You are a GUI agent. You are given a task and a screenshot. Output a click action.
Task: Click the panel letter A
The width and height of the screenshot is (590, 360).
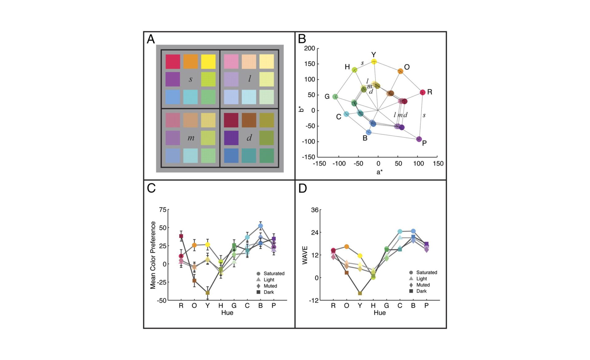[151, 39]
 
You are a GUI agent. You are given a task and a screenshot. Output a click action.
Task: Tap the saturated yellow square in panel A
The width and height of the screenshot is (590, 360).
[208, 61]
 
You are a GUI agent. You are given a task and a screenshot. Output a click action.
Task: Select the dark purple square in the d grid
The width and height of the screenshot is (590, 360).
[231, 138]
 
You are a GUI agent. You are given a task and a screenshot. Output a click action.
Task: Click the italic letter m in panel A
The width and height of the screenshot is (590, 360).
[191, 138]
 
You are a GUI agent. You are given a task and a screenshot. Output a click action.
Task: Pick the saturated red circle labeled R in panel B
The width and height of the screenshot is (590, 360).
[423, 92]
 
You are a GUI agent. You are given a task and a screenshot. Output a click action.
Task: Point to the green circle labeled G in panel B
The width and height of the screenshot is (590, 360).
[335, 97]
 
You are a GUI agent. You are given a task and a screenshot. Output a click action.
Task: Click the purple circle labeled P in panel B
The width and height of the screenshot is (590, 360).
[419, 139]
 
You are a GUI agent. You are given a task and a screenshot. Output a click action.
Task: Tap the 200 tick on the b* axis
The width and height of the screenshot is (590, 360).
[309, 48]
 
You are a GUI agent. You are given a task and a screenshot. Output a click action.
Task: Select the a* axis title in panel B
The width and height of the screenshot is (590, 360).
[380, 172]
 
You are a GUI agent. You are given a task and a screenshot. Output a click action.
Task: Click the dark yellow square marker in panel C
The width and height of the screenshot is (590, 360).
[207, 293]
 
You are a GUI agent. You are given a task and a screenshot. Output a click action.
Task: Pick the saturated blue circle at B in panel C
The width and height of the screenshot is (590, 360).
[261, 226]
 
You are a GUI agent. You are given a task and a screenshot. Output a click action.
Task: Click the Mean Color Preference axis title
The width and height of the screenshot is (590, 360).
[153, 255]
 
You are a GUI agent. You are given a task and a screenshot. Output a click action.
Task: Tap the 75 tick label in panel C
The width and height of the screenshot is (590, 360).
[163, 210]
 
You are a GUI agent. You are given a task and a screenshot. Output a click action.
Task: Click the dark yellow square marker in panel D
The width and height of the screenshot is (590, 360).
[360, 293]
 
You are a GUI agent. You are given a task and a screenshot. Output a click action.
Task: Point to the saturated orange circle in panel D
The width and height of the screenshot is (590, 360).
[347, 247]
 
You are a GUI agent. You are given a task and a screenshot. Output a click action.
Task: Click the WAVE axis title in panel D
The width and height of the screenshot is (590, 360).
[305, 255]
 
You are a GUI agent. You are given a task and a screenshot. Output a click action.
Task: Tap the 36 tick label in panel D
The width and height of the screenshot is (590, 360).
[315, 210]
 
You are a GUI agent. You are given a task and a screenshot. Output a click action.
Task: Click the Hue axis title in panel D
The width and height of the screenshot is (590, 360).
[380, 313]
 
